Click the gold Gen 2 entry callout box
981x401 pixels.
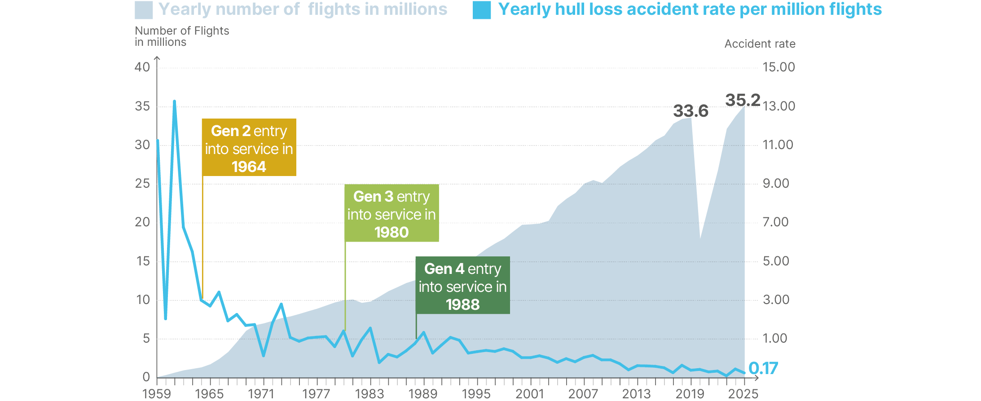coord(249,147)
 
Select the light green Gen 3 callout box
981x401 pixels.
coord(392,213)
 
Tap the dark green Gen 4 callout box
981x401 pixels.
coord(462,285)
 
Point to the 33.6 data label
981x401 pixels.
coord(691,111)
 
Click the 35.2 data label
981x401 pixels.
coord(743,100)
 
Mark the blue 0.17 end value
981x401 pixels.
coord(763,368)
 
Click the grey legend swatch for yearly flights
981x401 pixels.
coord(144,10)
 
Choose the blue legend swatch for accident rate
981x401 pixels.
coord(481,10)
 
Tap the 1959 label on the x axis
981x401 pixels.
coord(157,394)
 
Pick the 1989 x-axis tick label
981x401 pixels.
coord(422,394)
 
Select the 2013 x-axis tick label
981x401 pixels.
coord(636,394)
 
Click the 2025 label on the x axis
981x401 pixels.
coord(743,394)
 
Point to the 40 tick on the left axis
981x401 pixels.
coord(142,67)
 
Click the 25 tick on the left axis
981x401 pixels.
coord(142,184)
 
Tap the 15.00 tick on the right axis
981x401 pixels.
coord(779,67)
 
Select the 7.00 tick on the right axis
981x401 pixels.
coord(775,222)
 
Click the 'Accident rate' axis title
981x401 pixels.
coord(760,44)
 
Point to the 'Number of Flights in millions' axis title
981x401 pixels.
coord(182,36)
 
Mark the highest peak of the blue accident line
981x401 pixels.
coord(174,101)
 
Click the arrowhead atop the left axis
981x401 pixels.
coord(157,58)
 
